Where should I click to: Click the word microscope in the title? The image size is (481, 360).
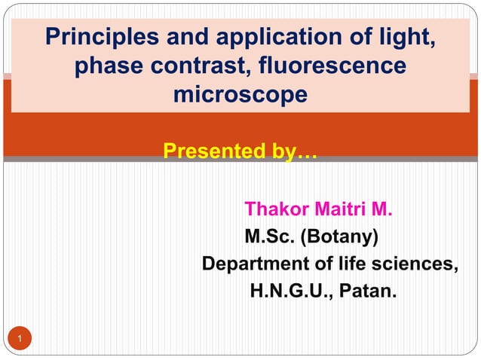point(240,96)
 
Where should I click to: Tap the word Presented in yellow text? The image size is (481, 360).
point(209,154)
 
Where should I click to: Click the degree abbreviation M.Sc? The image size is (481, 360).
point(271,238)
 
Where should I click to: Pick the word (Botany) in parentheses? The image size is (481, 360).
point(341,238)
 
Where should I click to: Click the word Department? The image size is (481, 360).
point(253,265)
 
